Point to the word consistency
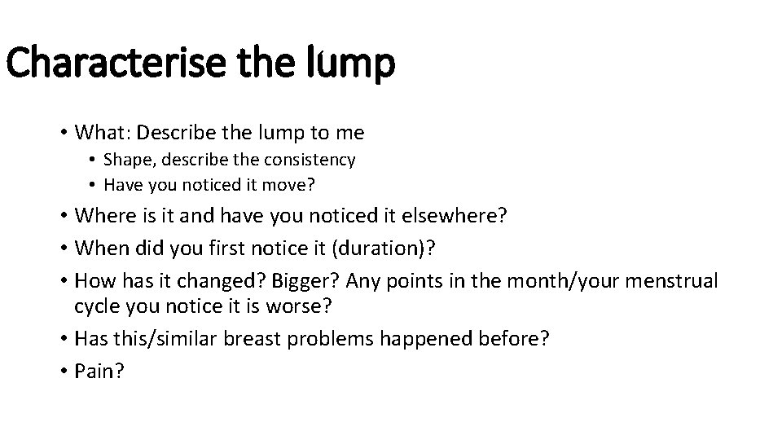[x=314, y=160]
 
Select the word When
[x=101, y=248]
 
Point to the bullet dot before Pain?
[x=63, y=372]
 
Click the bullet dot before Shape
[x=94, y=161]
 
